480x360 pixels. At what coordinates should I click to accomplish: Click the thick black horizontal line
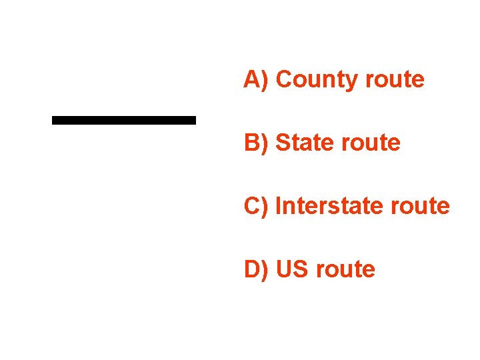(124, 120)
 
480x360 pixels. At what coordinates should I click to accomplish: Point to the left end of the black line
(54, 120)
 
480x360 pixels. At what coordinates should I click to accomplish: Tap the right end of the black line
(194, 120)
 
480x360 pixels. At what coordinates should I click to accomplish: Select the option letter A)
(255, 79)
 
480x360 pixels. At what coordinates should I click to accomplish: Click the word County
(317, 79)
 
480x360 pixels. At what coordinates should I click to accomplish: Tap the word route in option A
(395, 79)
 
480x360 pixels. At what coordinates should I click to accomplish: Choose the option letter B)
(255, 143)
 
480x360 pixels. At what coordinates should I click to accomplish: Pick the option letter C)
(255, 206)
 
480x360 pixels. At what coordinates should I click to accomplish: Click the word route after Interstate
(421, 206)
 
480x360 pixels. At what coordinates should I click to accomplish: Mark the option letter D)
(255, 269)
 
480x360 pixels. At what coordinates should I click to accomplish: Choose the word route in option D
(346, 269)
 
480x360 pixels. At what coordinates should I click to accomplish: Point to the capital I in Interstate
(278, 206)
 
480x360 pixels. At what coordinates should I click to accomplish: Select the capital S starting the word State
(283, 143)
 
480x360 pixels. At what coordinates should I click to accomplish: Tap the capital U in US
(283, 269)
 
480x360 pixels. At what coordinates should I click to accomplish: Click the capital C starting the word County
(283, 79)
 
